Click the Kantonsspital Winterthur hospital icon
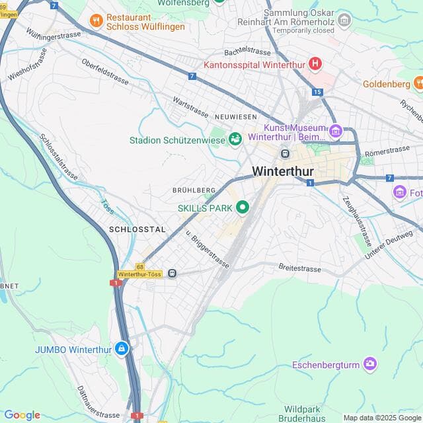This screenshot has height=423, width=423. [x=315, y=64]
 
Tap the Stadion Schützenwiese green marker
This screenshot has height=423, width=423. [x=235, y=139]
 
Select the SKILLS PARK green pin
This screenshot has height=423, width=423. [x=242, y=208]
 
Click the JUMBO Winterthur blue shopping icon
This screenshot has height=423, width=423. [x=122, y=348]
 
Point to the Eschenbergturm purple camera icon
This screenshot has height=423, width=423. [x=370, y=364]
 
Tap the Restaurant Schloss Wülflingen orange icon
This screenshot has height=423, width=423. [x=96, y=20]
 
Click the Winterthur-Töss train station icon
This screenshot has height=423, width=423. [x=173, y=273]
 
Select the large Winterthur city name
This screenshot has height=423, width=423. [x=283, y=172]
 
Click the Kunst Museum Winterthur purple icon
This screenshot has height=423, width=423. [x=336, y=132]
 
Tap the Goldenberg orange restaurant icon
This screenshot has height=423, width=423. [x=418, y=83]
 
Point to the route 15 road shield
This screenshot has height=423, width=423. [x=318, y=91]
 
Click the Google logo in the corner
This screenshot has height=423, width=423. [x=22, y=415]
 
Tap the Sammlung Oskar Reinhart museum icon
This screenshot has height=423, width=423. [x=344, y=22]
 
